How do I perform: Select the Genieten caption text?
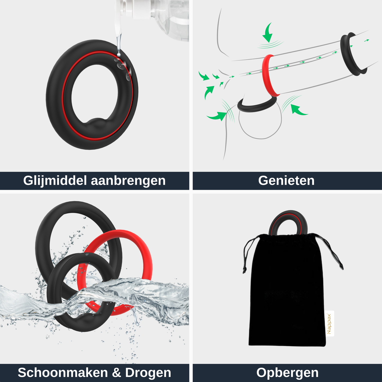click(x=286, y=181)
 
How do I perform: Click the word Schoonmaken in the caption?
click(x=63, y=372)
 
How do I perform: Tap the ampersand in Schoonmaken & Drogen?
click(x=116, y=372)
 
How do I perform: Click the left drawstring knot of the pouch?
click(x=244, y=270)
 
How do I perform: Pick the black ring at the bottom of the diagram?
click(x=258, y=107)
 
